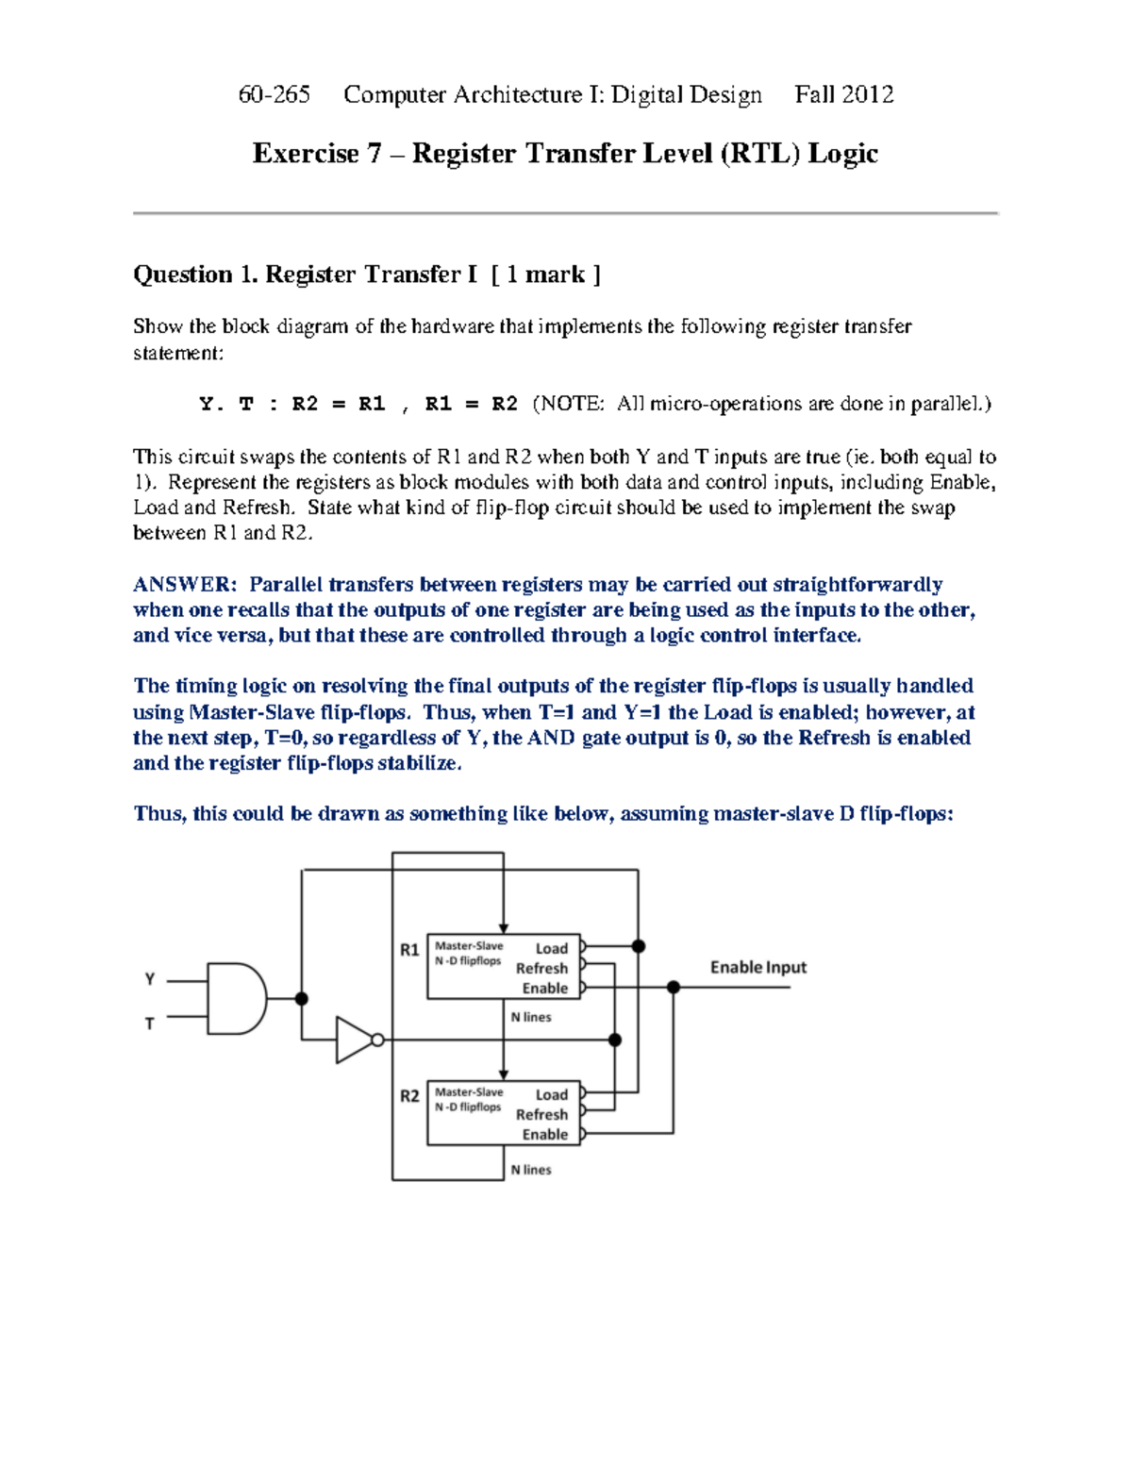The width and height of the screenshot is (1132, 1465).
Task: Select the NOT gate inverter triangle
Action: coord(355,1040)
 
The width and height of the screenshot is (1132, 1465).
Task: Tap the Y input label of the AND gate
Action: coord(150,979)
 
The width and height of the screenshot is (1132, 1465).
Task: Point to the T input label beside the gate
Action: coord(150,1024)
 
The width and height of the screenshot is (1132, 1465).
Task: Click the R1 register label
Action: coord(409,950)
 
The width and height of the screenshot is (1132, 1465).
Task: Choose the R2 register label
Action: coord(409,1096)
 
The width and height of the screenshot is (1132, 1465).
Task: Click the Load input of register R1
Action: coord(552,948)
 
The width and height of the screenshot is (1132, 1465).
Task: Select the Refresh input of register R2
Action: coord(542,1114)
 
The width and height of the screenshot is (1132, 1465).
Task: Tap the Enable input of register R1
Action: coord(545,988)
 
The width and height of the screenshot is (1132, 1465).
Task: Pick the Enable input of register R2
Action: coord(545,1134)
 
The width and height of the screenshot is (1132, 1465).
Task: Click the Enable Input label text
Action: coord(757,967)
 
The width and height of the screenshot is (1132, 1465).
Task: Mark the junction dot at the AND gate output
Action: coord(302,999)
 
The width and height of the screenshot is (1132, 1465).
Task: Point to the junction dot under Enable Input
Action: coord(674,988)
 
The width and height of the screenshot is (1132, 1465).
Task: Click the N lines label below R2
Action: coord(531,1170)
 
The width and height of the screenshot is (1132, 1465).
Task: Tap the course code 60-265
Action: coord(274,94)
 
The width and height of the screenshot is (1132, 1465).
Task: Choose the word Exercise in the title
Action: coord(306,153)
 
